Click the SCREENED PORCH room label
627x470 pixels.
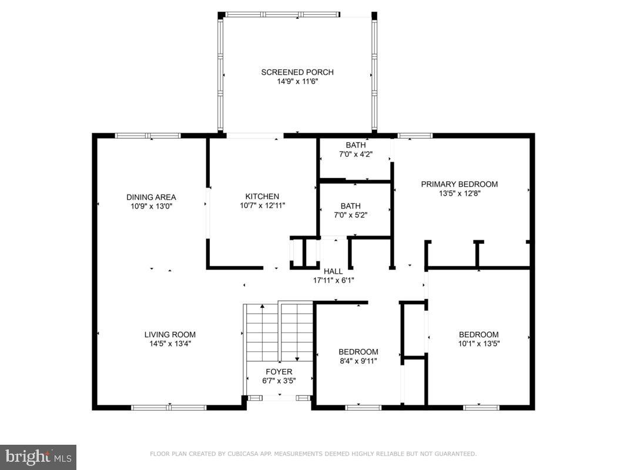tap(297, 72)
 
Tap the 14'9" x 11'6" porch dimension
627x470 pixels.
tap(297, 82)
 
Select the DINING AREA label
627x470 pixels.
tap(151, 197)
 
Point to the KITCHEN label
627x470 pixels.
tap(262, 196)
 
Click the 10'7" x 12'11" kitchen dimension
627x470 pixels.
tap(262, 206)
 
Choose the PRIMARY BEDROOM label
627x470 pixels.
tap(459, 184)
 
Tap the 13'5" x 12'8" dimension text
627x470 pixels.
tap(459, 193)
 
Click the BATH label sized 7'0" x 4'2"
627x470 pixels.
tap(356, 145)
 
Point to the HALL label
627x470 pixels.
tap(333, 271)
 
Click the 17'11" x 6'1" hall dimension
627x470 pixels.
tap(333, 280)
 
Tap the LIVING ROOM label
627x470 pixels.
tap(170, 335)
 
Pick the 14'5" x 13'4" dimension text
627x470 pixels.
tap(170, 344)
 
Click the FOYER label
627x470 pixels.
tap(279, 372)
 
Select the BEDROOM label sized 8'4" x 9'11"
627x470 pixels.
tap(358, 352)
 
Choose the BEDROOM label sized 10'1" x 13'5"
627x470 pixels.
tap(478, 334)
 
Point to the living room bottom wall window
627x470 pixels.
tap(169, 407)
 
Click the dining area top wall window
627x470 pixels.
tap(147, 136)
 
